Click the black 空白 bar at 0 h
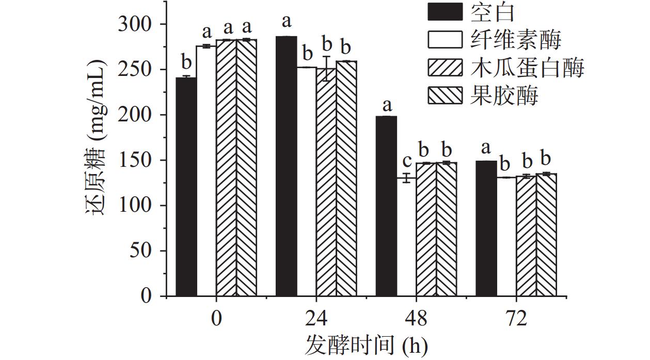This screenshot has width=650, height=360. pyautogui.click(x=186, y=186)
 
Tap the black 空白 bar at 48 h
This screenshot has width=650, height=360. pyautogui.click(x=386, y=206)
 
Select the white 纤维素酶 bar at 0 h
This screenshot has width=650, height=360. pyautogui.click(x=206, y=171)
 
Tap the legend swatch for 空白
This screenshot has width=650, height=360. pyautogui.click(x=445, y=11)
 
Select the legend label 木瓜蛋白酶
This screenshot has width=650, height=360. pyautogui.click(x=527, y=68)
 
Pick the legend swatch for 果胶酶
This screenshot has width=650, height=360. pyautogui.click(x=445, y=96)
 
